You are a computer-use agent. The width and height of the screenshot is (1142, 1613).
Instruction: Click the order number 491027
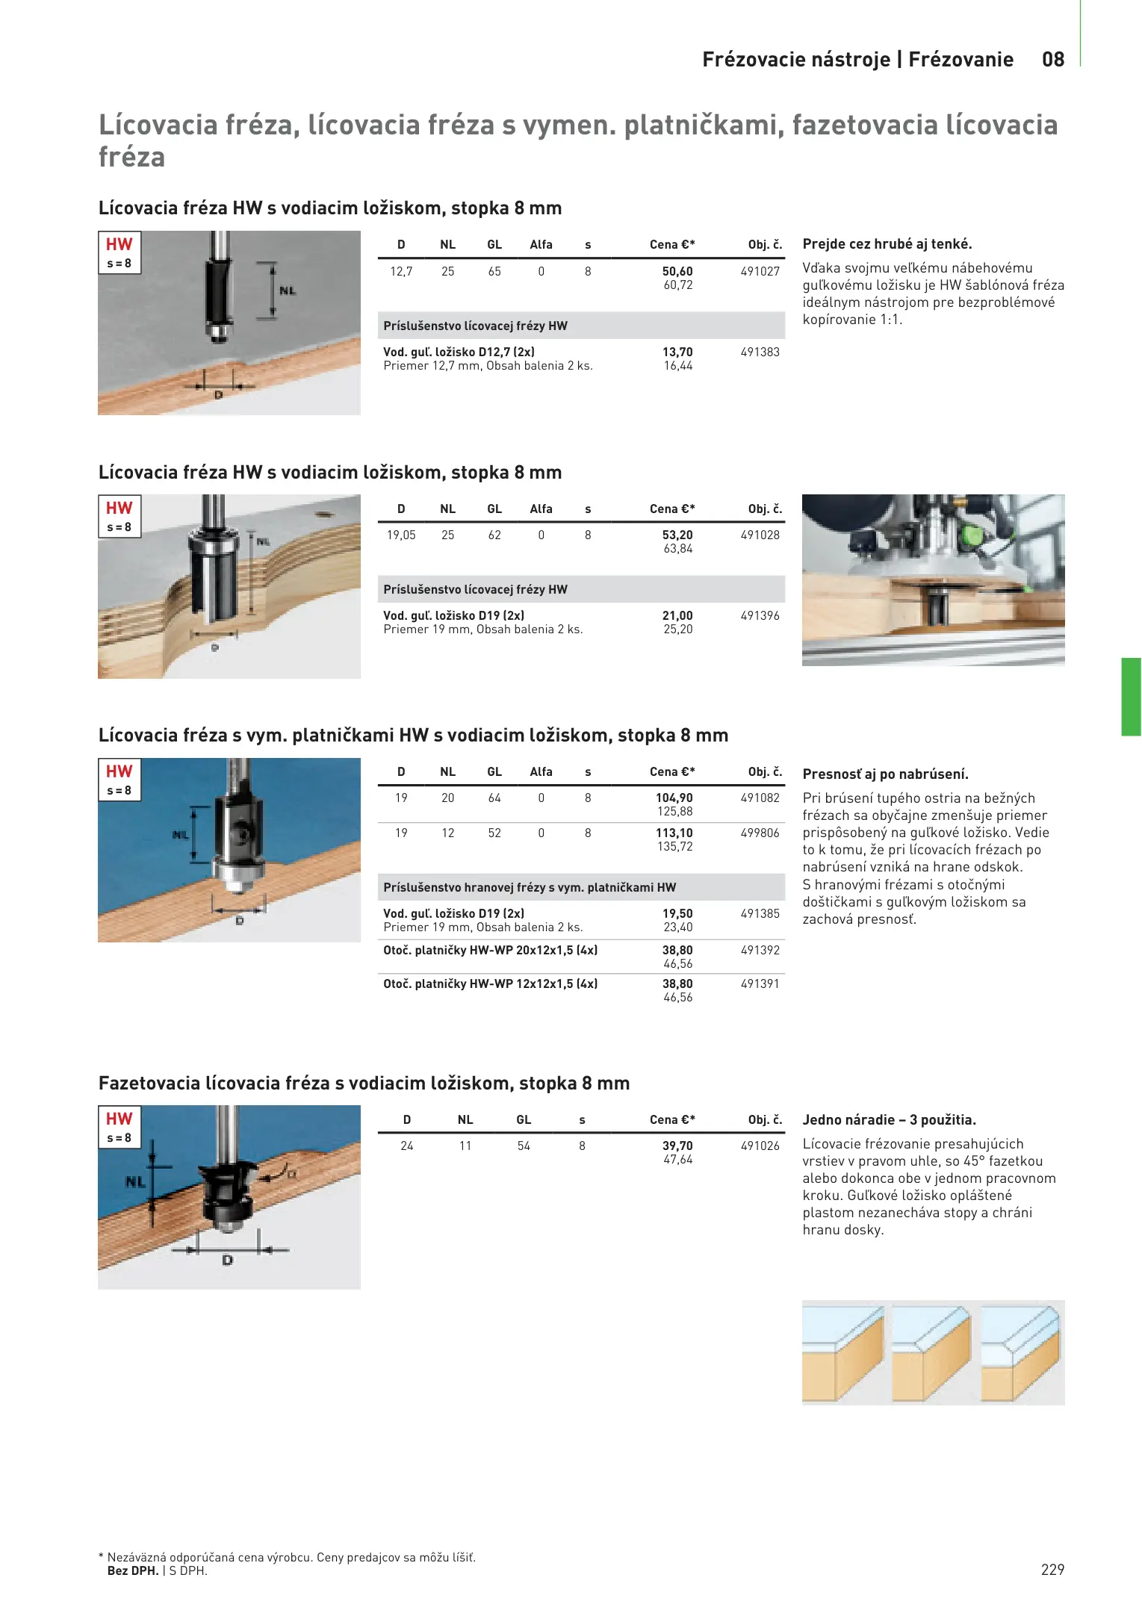pos(760,272)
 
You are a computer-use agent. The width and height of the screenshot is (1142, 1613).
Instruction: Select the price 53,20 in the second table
pos(677,535)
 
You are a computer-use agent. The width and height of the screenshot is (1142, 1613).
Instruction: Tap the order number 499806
pos(760,833)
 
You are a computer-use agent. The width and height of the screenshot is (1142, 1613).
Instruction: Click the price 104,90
pos(674,798)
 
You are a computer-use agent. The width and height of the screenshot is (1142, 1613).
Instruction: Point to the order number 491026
pos(760,1146)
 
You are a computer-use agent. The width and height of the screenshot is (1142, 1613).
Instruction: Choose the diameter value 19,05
pos(401,535)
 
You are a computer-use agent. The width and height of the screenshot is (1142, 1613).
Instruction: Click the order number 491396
pos(760,616)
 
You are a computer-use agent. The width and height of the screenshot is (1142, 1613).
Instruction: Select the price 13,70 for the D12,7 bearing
pos(677,352)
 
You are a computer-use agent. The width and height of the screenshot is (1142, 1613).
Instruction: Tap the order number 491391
pos(760,984)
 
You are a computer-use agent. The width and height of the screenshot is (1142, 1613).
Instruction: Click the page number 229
pos(1052,1570)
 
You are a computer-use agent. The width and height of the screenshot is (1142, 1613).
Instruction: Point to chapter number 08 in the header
pos(1053,60)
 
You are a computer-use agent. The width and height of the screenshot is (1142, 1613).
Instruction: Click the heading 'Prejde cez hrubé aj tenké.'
pos(887,244)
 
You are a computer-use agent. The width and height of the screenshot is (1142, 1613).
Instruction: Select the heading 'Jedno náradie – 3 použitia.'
pos(890,1120)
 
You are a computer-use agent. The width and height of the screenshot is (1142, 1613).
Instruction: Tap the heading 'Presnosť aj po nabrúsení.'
pos(885,774)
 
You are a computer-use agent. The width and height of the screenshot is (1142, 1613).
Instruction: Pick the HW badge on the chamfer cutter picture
pos(120,1119)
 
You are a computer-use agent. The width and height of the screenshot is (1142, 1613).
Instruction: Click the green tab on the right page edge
pos(1131,697)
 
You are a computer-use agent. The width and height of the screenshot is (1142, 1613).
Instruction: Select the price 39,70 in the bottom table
pos(677,1146)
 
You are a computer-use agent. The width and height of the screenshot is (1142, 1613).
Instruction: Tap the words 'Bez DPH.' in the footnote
pos(133,1570)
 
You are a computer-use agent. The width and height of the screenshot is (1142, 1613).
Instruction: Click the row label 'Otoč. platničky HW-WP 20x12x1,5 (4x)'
pos(491,951)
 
